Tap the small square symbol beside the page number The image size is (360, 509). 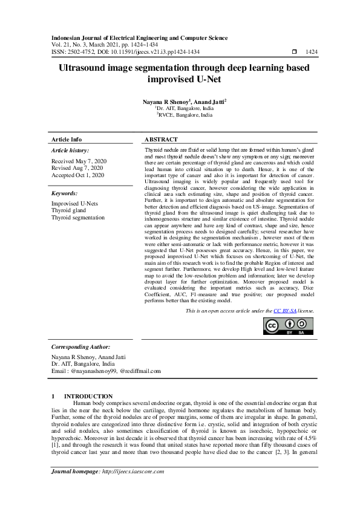pos(294,53)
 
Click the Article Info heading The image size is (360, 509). pos(67,140)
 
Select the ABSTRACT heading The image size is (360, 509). pos(162,140)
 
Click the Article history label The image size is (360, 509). pos(70,150)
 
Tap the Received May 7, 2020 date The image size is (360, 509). pos(79,161)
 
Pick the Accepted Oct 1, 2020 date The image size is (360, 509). pos(77,175)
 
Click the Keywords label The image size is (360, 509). pos(64,193)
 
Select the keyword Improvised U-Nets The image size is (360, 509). pos(74,204)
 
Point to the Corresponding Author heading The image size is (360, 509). pos(80,347)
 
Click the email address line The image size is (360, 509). pos(106,371)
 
